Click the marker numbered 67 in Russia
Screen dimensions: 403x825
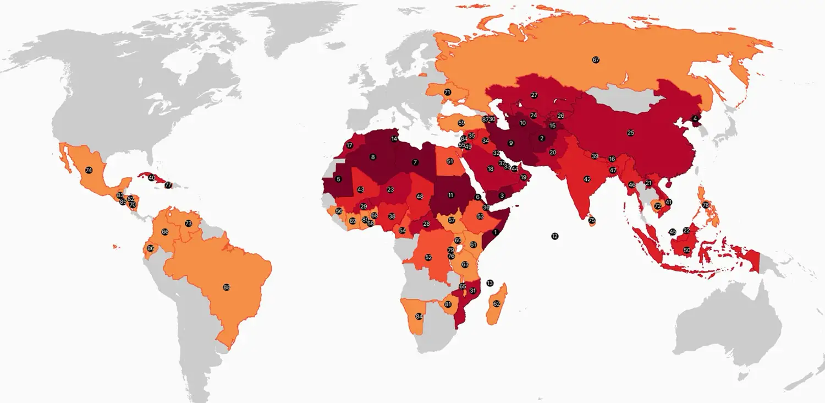coord(596,60)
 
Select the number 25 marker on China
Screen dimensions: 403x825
coord(631,133)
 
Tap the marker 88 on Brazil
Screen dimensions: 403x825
coord(227,287)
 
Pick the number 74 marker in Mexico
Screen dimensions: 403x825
coord(89,171)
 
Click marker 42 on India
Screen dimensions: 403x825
coord(587,179)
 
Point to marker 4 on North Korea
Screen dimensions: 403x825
coord(695,118)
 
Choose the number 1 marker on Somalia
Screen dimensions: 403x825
coord(496,232)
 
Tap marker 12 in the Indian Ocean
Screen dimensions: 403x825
coord(554,236)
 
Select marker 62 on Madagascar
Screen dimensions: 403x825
coord(497,303)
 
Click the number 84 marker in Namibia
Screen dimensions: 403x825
coord(419,317)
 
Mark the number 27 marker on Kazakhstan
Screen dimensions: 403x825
coord(534,95)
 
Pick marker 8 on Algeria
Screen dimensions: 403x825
coord(373,157)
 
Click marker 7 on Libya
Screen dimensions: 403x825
coord(415,162)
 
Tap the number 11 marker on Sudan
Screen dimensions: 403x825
coord(451,195)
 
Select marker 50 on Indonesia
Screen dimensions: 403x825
coord(687,250)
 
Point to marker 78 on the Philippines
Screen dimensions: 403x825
coord(706,205)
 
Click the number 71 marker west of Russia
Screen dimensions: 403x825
coord(447,92)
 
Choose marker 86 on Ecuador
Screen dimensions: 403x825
coord(150,249)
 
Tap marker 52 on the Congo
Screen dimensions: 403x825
coord(428,257)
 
